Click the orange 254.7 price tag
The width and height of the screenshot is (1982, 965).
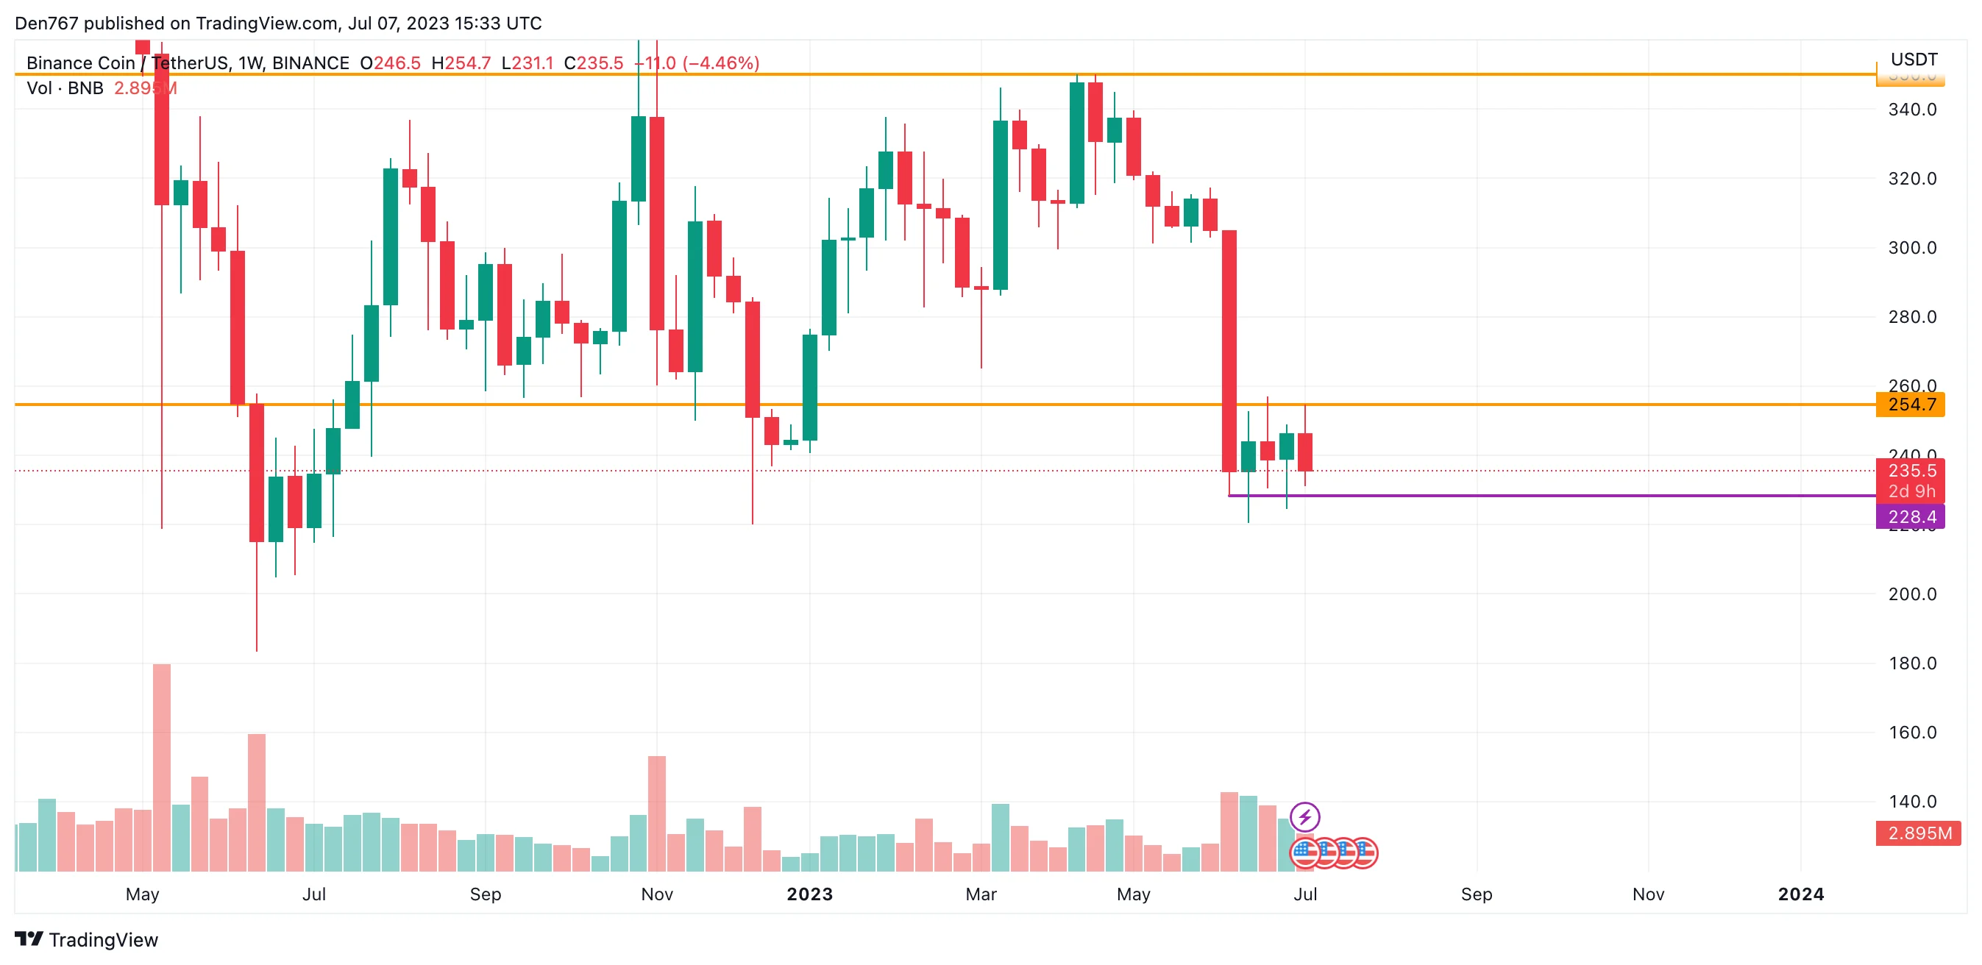[1911, 405]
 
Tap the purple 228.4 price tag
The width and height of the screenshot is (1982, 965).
[1911, 517]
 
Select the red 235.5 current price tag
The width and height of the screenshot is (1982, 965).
[1911, 471]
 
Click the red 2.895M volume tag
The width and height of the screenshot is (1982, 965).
[1918, 833]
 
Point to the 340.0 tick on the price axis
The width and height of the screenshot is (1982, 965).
[1912, 109]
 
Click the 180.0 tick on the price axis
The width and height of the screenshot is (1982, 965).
[1912, 663]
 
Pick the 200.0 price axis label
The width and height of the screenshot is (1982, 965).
[1912, 594]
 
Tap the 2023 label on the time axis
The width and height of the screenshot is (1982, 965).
[809, 894]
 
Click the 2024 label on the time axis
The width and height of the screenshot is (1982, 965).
[1800, 894]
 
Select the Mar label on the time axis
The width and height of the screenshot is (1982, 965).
[981, 894]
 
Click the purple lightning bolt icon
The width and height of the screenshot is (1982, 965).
[1305, 816]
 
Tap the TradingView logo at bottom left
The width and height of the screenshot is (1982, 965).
[86, 940]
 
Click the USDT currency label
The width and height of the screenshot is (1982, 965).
[1914, 59]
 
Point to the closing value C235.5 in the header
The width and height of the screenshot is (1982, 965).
[593, 63]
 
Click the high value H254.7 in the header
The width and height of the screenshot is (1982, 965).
[461, 63]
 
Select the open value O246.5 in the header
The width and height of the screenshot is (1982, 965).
[390, 63]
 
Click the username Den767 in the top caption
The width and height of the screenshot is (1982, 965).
[46, 23]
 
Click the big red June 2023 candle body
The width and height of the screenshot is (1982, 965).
[1229, 351]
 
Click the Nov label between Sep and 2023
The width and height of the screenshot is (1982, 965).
[657, 894]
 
